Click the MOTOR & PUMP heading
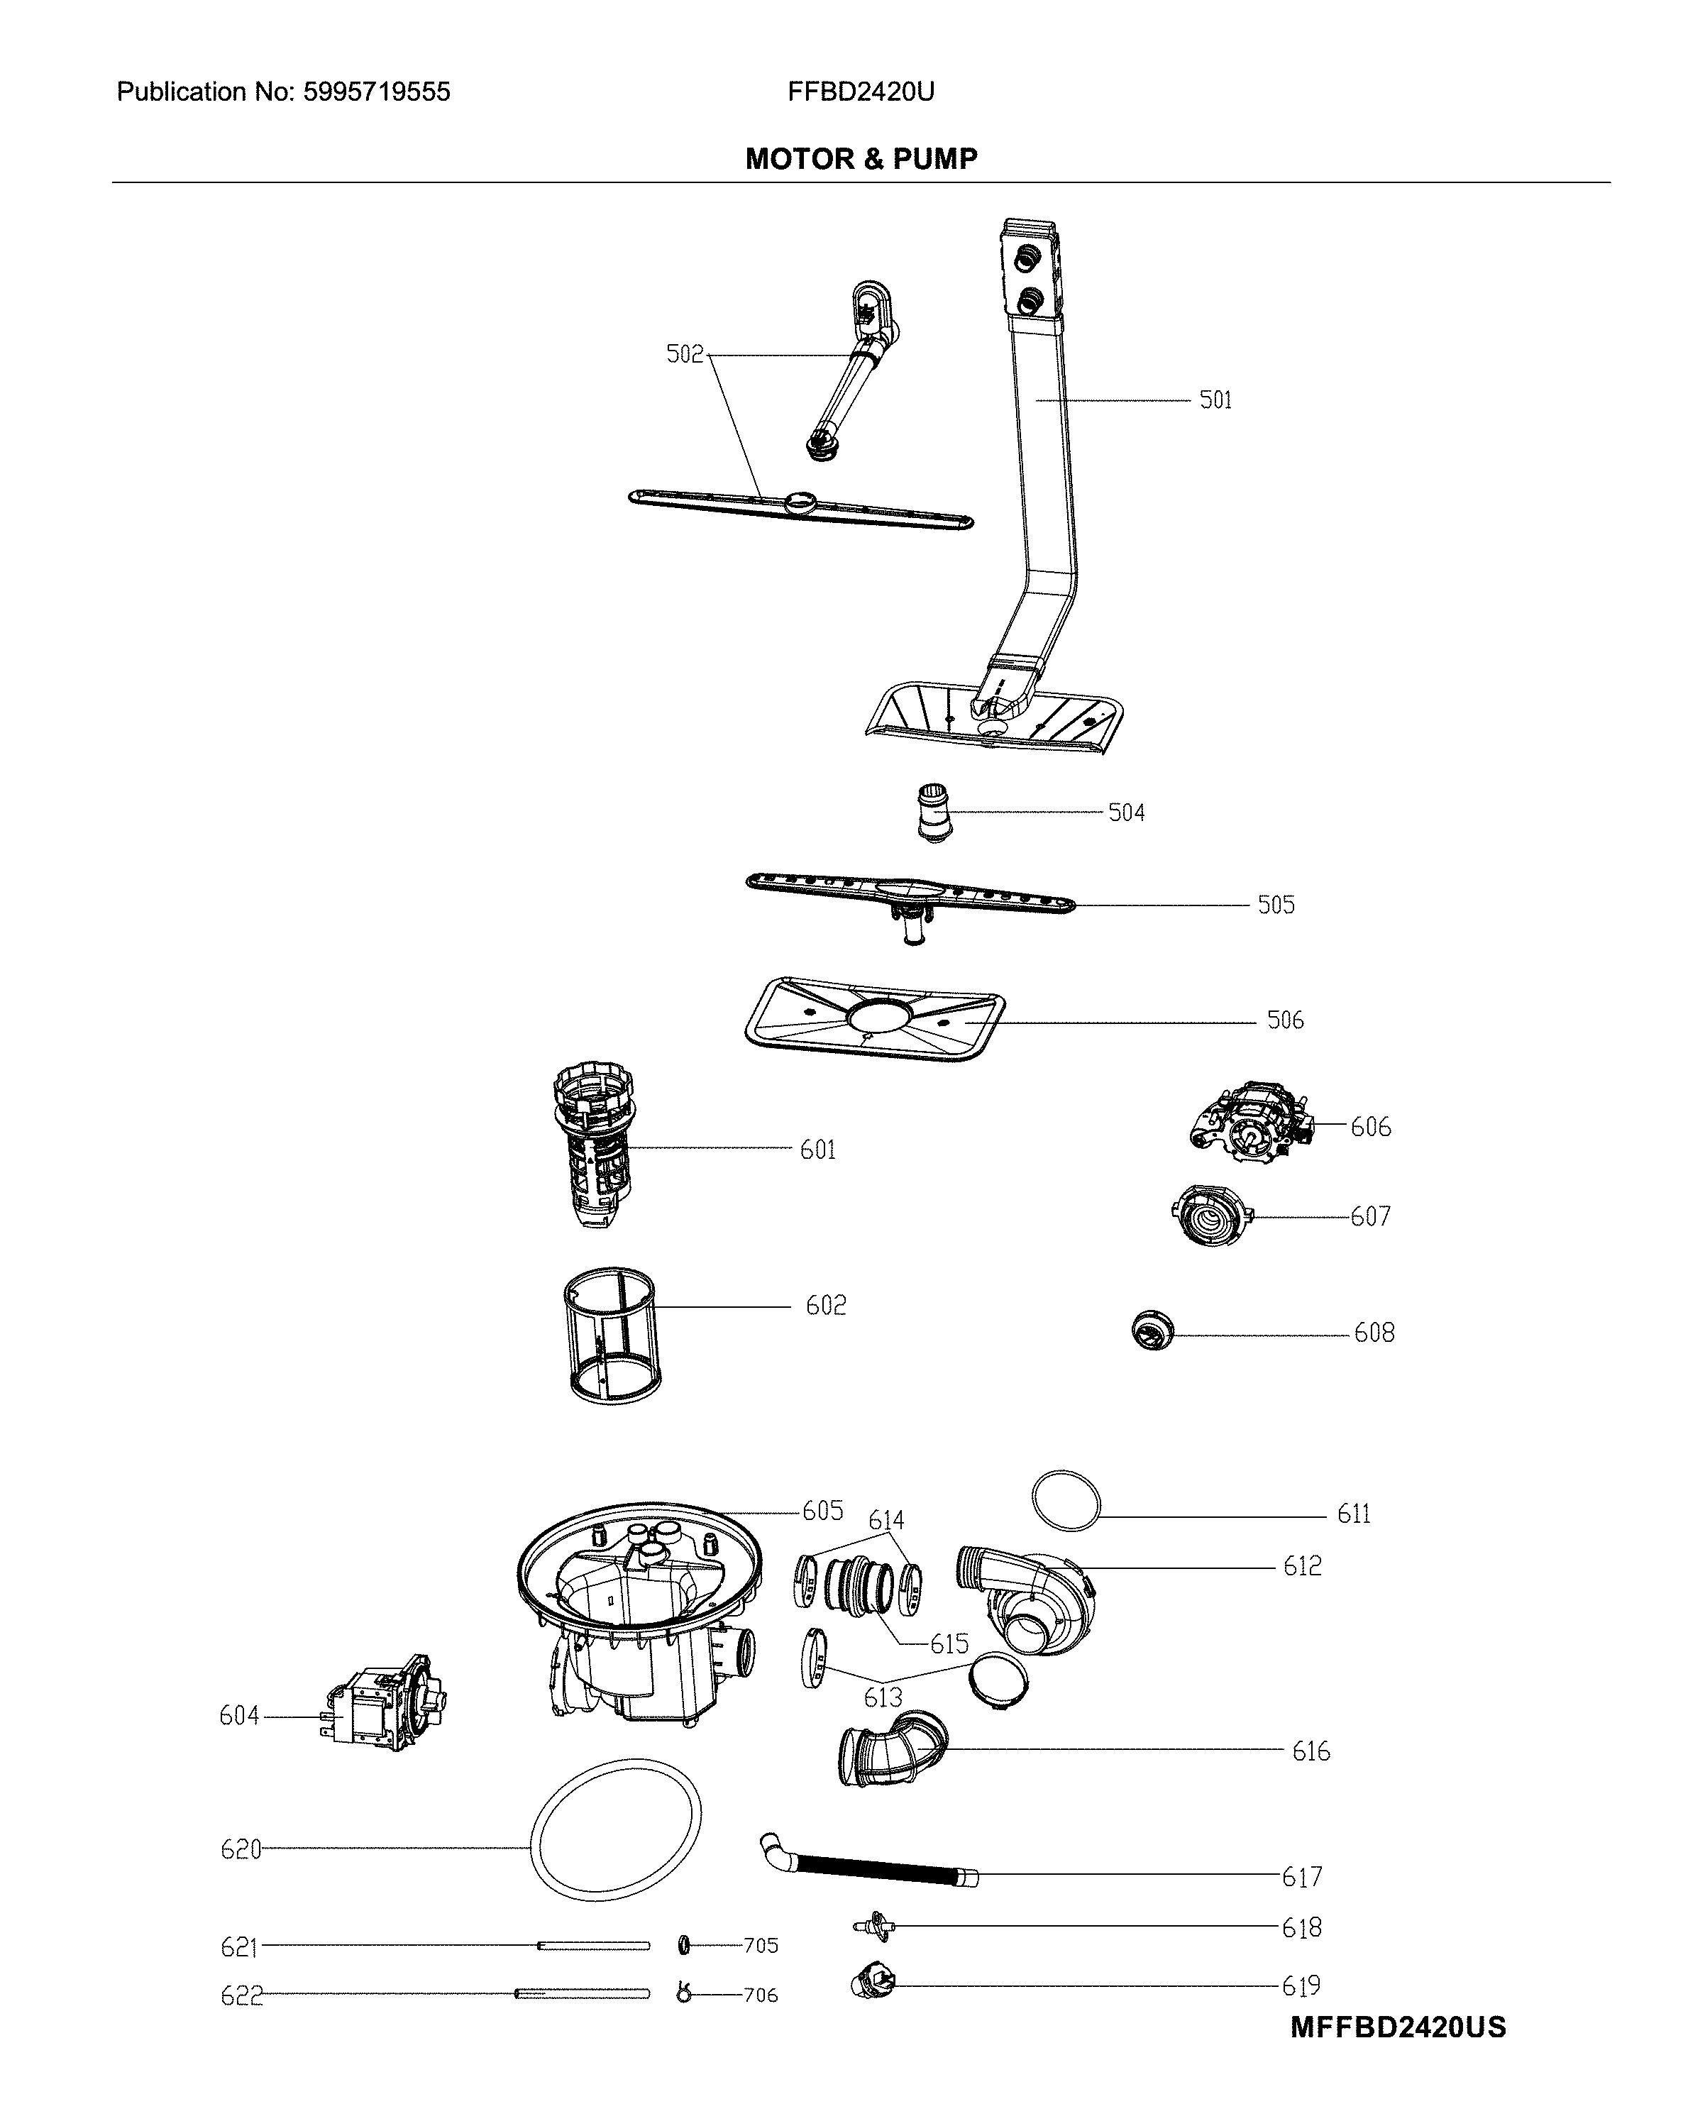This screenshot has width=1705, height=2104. (861, 159)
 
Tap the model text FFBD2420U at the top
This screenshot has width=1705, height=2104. (861, 92)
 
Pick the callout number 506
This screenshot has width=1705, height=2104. (1285, 1020)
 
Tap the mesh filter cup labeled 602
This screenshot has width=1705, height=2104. (611, 1335)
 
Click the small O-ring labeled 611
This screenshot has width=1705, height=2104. (1066, 1500)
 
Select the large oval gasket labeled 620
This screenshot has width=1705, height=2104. (616, 1830)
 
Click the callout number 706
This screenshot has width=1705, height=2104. (760, 1995)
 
